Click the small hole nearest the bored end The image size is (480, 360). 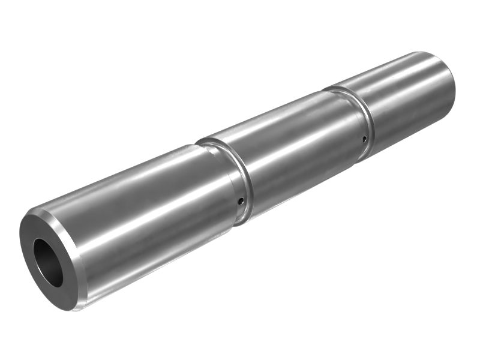240,202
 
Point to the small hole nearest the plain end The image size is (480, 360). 364,139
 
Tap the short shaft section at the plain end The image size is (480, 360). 408,96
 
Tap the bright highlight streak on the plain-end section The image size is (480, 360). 402,78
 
